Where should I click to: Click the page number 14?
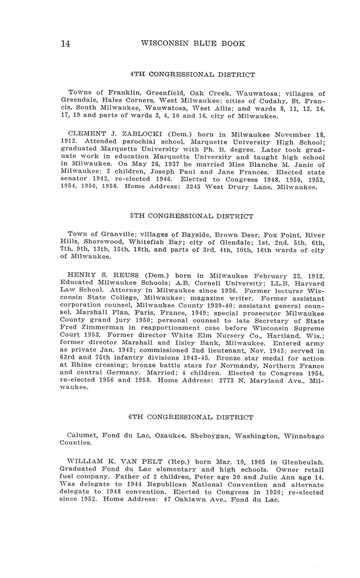point(65,44)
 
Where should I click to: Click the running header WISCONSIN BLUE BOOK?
point(193,44)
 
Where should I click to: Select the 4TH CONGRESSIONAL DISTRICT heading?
point(192,75)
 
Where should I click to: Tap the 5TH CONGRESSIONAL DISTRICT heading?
point(192,217)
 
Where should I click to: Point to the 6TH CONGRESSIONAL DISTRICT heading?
point(191,418)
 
